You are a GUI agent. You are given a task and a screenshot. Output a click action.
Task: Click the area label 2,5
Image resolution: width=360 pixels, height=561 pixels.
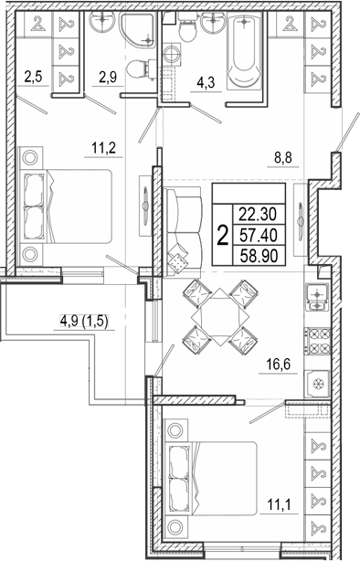pyautogui.click(x=33, y=77)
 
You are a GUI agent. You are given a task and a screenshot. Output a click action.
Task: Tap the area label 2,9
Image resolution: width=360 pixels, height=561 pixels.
pyautogui.click(x=108, y=78)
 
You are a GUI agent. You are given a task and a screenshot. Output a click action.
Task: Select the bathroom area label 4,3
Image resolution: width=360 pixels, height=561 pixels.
pyautogui.click(x=206, y=83)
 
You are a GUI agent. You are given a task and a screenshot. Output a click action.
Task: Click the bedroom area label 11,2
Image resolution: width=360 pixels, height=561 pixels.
pyautogui.click(x=104, y=148)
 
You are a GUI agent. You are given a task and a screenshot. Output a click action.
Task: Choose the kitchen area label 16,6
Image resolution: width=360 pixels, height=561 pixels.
pyautogui.click(x=278, y=365)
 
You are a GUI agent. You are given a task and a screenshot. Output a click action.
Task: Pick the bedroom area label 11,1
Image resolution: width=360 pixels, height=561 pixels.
pyautogui.click(x=280, y=505)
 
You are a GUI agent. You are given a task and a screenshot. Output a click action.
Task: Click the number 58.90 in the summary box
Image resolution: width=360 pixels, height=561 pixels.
pyautogui.click(x=259, y=256)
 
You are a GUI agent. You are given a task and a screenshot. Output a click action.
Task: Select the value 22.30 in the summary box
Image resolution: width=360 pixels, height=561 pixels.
pyautogui.click(x=259, y=215)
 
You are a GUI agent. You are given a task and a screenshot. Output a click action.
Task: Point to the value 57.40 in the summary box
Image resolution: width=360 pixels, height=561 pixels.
pyautogui.click(x=259, y=236)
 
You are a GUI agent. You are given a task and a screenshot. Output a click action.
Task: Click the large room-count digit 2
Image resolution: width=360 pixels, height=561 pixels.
pyautogui.click(x=223, y=236)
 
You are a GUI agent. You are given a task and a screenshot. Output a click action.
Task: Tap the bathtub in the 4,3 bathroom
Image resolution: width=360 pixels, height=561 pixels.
pyautogui.click(x=244, y=51)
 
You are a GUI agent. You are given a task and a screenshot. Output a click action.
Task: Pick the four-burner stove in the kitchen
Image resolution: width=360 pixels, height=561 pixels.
pyautogui.click(x=317, y=341)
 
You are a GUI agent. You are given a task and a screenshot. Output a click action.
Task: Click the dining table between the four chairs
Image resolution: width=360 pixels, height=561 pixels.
pyautogui.click(x=220, y=317)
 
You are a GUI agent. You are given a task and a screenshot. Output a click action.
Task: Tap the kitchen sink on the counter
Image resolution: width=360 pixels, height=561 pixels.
pyautogui.click(x=317, y=297)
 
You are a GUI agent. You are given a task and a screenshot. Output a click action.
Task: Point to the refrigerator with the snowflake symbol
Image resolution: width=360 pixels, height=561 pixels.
pyautogui.click(x=317, y=384)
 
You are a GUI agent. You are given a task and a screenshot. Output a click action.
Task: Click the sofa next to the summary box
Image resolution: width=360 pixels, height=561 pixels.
pyautogui.click(x=183, y=232)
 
